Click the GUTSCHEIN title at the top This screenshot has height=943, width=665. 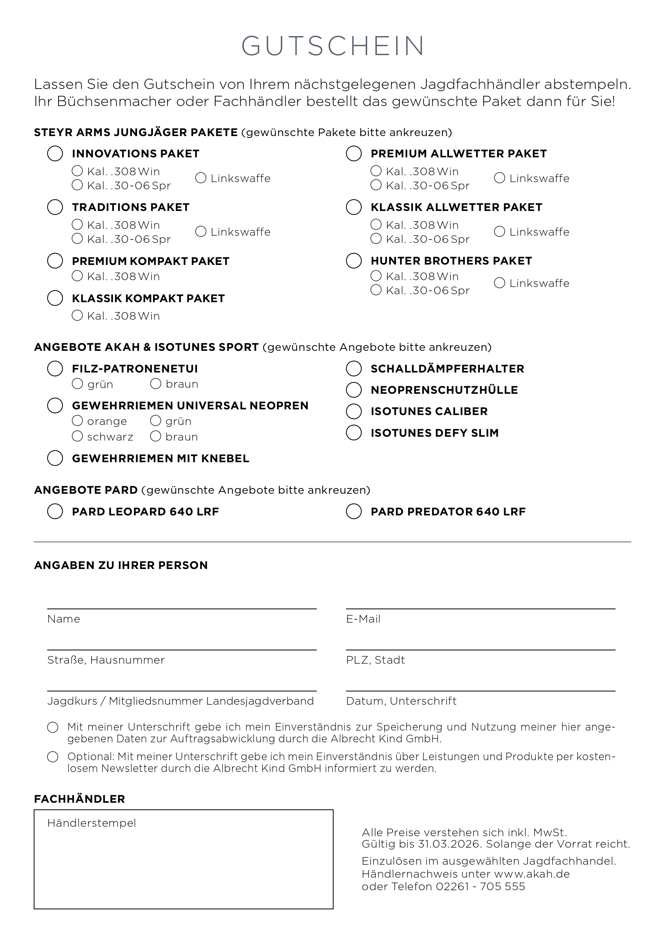[x=332, y=46]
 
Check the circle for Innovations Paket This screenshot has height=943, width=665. [x=55, y=154]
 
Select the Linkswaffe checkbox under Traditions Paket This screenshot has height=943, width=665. [x=200, y=231]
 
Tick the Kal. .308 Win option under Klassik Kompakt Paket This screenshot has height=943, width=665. [x=77, y=315]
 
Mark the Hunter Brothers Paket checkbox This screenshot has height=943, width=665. [x=354, y=261]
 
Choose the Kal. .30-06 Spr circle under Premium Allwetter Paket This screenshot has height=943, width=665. [x=376, y=185]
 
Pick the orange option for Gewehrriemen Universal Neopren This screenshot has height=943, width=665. [x=77, y=421]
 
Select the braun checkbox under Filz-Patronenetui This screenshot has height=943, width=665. [x=156, y=384]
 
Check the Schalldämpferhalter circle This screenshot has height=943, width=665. [x=354, y=369]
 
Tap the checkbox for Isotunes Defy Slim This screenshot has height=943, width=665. [x=354, y=433]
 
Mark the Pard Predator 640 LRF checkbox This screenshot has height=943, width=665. [x=354, y=512]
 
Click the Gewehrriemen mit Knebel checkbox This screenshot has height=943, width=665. [x=55, y=458]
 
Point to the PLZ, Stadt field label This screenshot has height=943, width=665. [x=375, y=660]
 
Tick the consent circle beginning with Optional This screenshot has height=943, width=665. [x=52, y=757]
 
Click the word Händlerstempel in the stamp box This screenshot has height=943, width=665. [x=92, y=823]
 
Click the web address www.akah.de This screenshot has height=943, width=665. [x=532, y=874]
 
